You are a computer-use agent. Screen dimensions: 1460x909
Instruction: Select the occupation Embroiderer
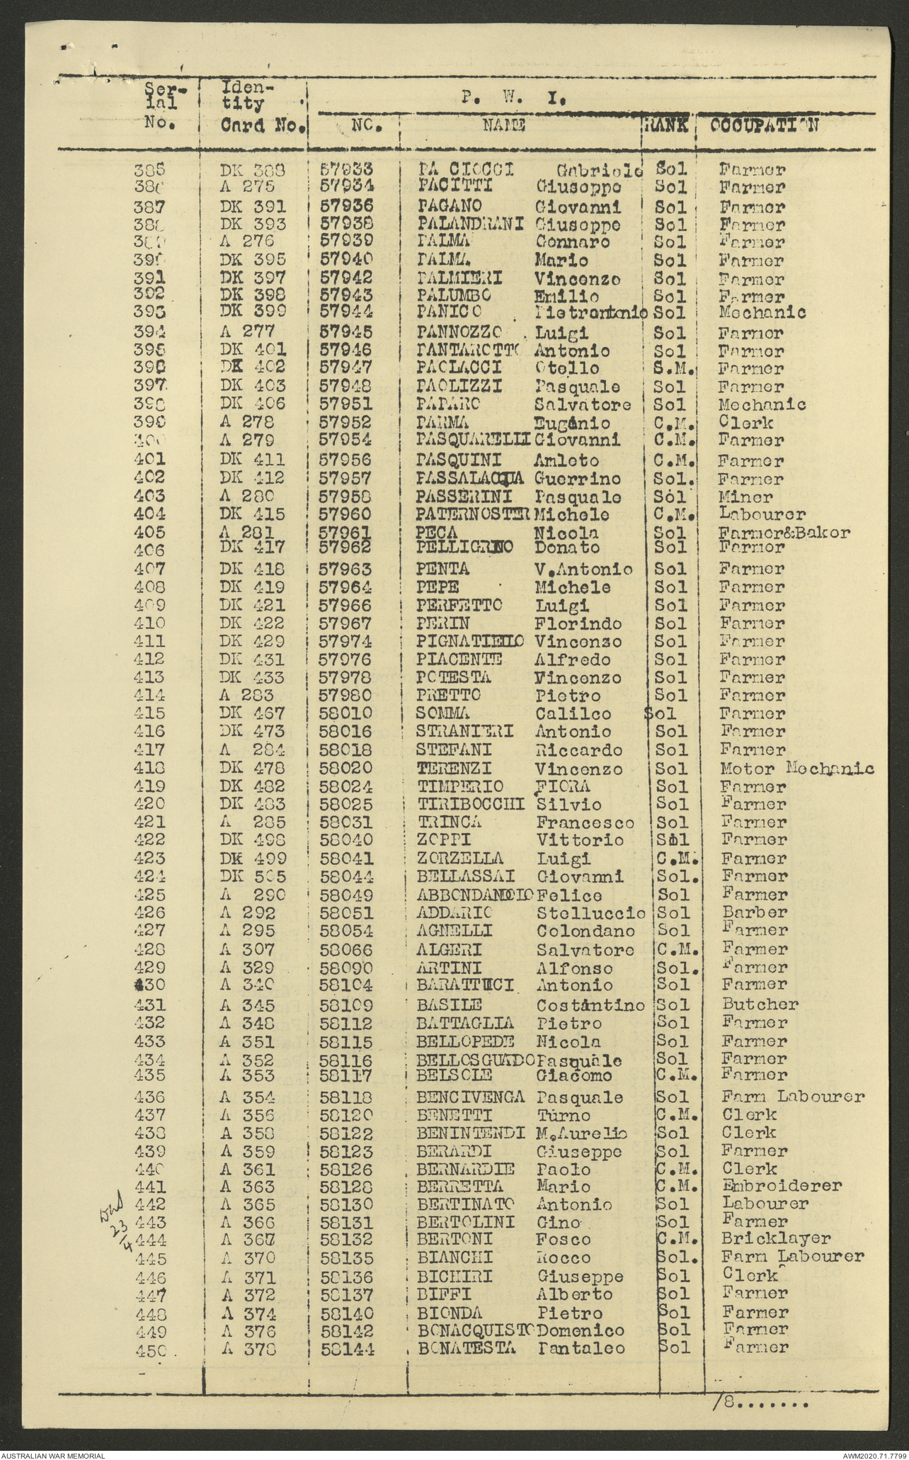782,1185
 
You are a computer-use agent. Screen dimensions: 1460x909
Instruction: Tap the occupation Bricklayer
776,1239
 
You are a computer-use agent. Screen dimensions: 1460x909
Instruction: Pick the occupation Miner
745,497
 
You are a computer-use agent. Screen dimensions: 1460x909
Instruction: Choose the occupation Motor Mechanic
796,769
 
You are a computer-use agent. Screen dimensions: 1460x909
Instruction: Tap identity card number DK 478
253,769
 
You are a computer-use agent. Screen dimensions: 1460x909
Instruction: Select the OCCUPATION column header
765,126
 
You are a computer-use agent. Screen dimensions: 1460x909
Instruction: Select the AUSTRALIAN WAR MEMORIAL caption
53,1454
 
